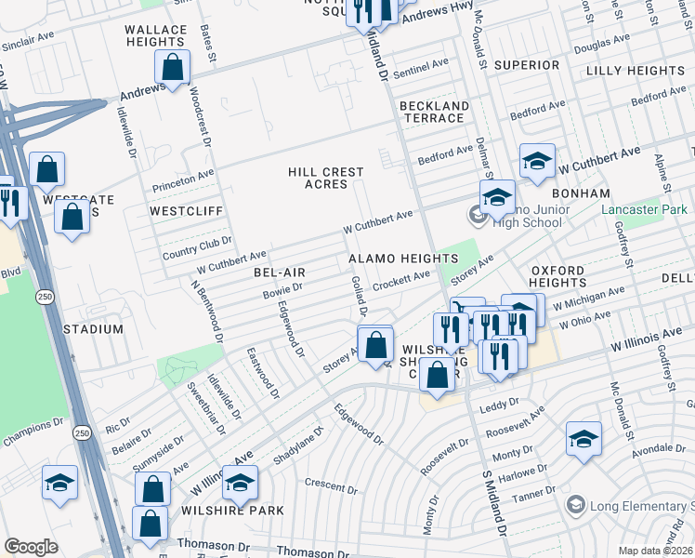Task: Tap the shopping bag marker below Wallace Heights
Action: point(172,67)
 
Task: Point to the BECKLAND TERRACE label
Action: point(433,112)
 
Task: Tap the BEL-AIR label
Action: point(274,272)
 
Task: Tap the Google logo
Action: point(31,546)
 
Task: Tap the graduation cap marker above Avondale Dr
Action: point(584,439)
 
